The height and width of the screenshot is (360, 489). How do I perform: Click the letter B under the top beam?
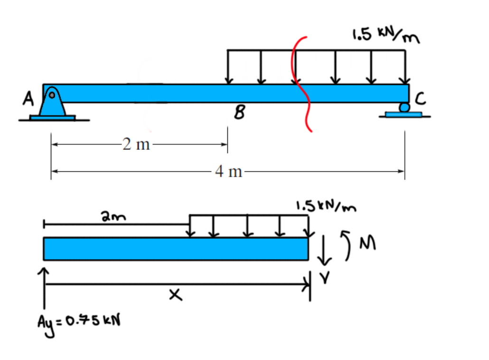tap(241, 113)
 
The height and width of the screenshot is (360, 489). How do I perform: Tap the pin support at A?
tap(53, 104)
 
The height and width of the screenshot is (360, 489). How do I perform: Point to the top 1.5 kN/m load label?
tap(385, 36)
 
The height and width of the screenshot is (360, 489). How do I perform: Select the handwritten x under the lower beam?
tap(175, 296)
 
